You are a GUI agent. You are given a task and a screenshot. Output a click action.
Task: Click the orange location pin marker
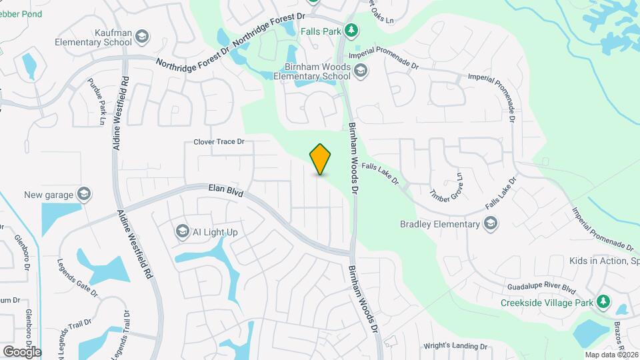pyautogui.click(x=320, y=159)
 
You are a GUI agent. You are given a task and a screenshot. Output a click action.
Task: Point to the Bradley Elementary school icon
pyautogui.click(x=491, y=223)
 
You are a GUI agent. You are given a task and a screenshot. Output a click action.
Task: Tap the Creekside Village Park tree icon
pyautogui.click(x=603, y=302)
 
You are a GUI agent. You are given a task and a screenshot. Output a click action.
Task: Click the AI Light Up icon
pyautogui.click(x=182, y=231)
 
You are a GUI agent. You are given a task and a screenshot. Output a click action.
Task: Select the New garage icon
pyautogui.click(x=84, y=195)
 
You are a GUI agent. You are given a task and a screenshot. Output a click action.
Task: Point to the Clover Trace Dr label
pyautogui.click(x=219, y=142)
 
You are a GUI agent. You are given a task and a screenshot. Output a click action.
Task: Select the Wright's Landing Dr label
pyautogui.click(x=456, y=346)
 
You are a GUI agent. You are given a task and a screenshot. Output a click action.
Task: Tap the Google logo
pyautogui.click(x=22, y=351)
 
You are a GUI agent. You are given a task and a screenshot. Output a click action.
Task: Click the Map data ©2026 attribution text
pyautogui.click(x=611, y=355)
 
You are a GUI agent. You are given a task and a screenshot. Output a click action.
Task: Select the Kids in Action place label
pyautogui.click(x=604, y=260)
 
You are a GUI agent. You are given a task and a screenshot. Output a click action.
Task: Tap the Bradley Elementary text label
pyautogui.click(x=440, y=224)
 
